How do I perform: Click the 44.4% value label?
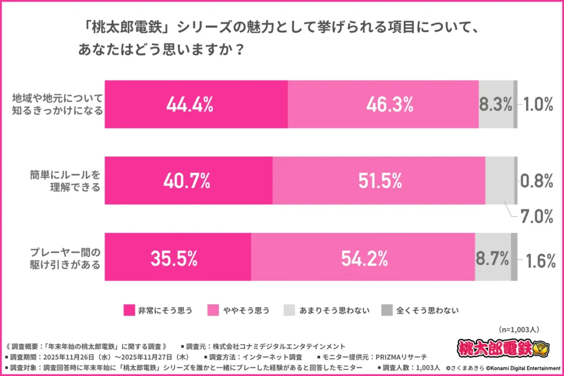tap(189, 105)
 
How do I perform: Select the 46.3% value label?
tap(383, 105)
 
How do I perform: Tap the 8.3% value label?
tap(495, 105)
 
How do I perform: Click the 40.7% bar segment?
tap(189, 181)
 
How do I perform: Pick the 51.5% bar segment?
tap(379, 181)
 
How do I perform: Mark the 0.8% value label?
tap(536, 181)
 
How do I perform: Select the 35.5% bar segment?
tap(178, 257)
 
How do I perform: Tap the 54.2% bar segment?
tap(364, 257)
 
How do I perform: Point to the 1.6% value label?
tap(539, 260)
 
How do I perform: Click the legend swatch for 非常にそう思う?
tap(129, 310)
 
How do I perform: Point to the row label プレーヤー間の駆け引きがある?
tap(65, 258)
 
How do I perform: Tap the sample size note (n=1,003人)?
tap(518, 329)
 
